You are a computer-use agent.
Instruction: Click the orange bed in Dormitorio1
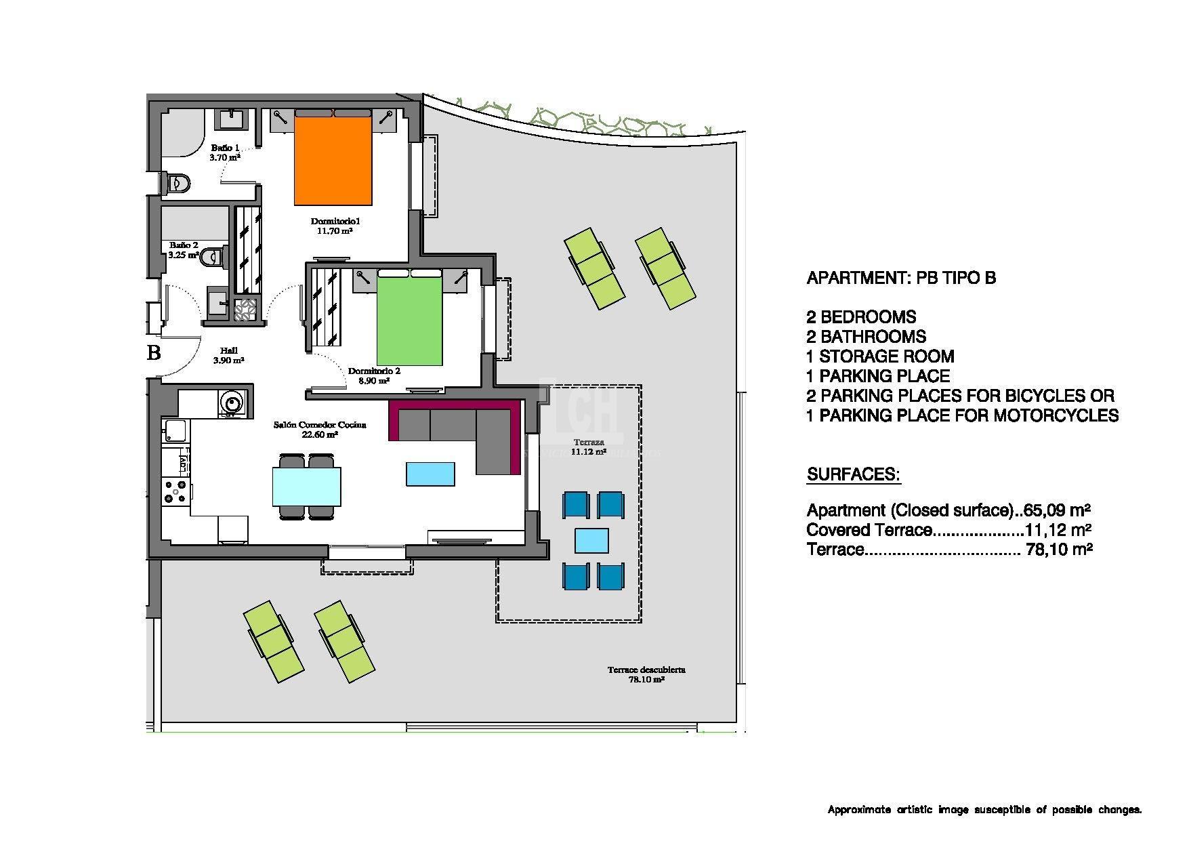pyautogui.click(x=333, y=161)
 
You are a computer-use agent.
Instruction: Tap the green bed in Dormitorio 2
pyautogui.click(x=409, y=321)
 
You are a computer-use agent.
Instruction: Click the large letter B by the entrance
pyautogui.click(x=154, y=353)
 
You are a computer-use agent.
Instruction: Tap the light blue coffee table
pyautogui.click(x=430, y=474)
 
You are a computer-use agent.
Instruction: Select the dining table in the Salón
pyautogui.click(x=306, y=487)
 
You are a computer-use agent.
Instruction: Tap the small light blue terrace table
pyautogui.click(x=591, y=541)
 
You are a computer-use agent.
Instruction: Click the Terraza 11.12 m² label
pyautogui.click(x=587, y=447)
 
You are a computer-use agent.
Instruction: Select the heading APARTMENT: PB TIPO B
pyautogui.click(x=901, y=278)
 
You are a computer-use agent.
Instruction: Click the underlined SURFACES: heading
pyautogui.click(x=854, y=474)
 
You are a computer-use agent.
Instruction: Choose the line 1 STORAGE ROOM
pyautogui.click(x=880, y=356)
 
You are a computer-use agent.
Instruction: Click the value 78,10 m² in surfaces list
pyautogui.click(x=1059, y=550)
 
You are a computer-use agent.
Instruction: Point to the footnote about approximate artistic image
pyautogui.click(x=984, y=810)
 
